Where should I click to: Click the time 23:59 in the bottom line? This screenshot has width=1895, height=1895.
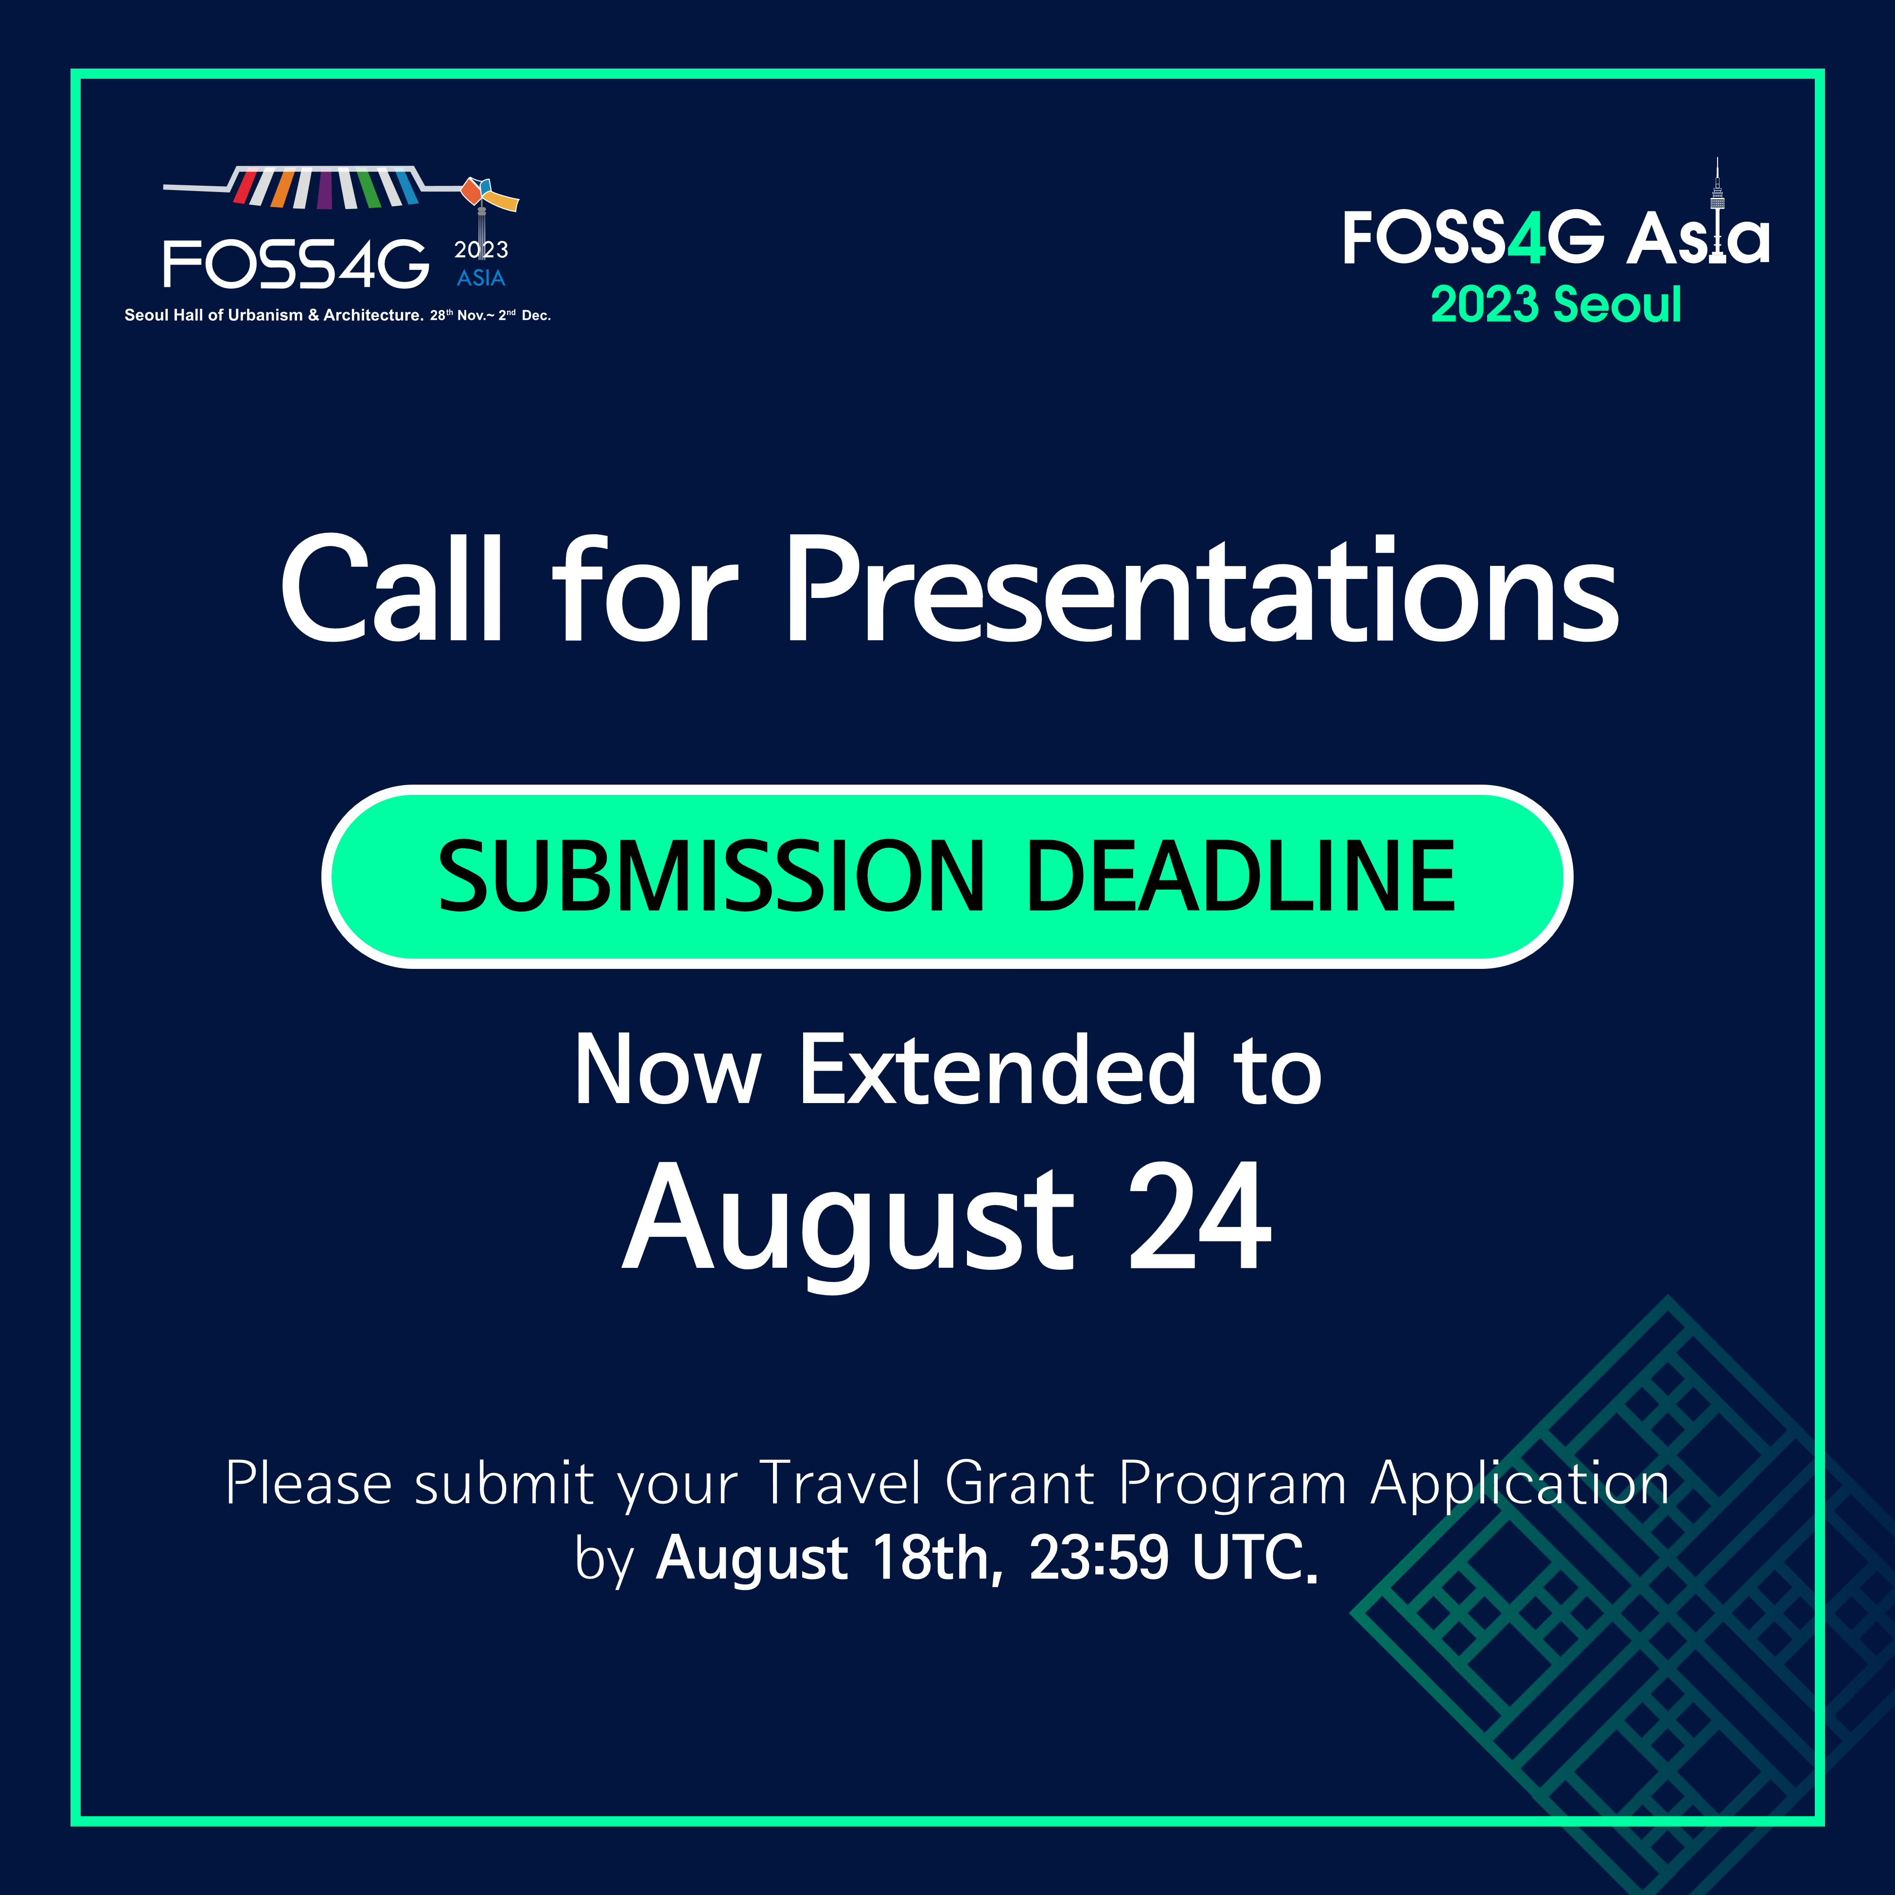(1099, 1558)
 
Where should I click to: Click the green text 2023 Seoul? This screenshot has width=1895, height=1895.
(1556, 304)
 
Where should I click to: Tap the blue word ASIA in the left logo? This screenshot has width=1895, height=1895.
(481, 279)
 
